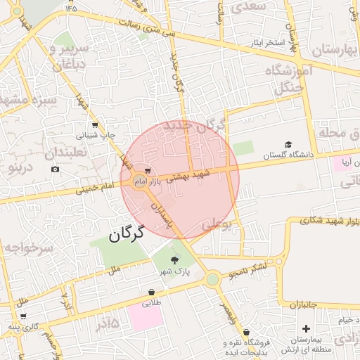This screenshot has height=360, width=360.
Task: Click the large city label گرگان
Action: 127,233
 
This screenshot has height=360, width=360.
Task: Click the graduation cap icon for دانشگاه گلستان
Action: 288,144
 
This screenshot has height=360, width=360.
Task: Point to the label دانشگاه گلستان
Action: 288,155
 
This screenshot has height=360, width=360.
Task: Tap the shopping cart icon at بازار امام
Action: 147,171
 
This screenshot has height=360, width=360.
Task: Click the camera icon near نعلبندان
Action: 55,169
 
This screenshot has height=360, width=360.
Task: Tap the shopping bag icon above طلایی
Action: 152,292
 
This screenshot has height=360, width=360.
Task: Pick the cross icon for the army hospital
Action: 305,329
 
